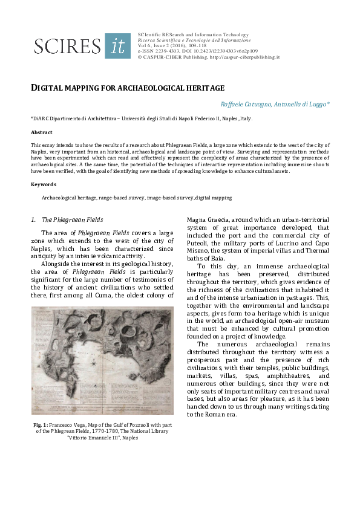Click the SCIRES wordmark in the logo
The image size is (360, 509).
[67, 47]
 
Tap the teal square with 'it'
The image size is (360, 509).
[117, 46]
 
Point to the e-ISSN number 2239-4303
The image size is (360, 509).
[165, 51]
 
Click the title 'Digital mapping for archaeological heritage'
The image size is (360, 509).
[128, 88]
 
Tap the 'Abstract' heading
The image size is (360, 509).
[42, 132]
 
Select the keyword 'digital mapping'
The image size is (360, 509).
[214, 198]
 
